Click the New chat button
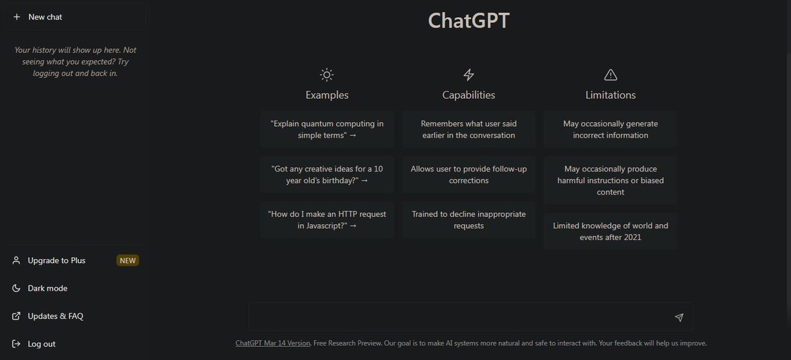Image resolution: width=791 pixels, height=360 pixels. (75, 17)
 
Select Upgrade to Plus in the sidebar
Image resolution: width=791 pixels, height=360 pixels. (57, 260)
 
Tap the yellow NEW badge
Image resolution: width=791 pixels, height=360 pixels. (127, 260)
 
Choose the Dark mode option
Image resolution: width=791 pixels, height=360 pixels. (47, 288)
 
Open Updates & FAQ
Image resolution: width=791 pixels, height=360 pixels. (55, 316)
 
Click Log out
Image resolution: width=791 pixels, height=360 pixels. (42, 344)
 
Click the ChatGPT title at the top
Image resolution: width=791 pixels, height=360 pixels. (469, 20)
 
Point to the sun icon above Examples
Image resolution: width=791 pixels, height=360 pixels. (327, 75)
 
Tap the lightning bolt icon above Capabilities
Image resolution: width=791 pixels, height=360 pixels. (469, 75)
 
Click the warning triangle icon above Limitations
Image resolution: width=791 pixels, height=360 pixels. (610, 75)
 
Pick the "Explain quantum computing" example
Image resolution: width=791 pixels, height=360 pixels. (327, 129)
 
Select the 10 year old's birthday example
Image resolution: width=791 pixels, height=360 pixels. (327, 175)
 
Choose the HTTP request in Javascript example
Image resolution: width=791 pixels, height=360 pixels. (327, 220)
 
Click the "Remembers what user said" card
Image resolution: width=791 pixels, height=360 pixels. (469, 129)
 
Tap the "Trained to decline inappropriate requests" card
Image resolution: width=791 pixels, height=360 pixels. (469, 220)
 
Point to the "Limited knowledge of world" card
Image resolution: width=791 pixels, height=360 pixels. (610, 231)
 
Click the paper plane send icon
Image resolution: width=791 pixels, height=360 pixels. (679, 317)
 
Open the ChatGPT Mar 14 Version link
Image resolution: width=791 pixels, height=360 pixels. (273, 343)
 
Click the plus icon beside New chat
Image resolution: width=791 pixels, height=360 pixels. (16, 16)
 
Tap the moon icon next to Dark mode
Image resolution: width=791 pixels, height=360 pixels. (16, 288)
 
